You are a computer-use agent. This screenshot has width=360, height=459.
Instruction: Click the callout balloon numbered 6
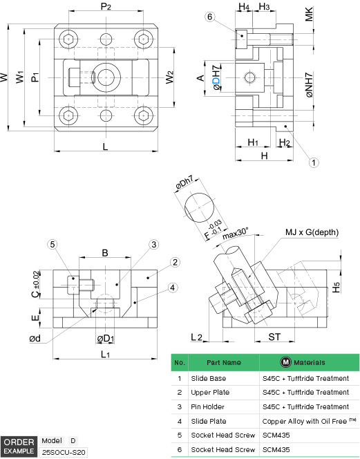point(209,17)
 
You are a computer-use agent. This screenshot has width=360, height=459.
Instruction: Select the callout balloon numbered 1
point(314,162)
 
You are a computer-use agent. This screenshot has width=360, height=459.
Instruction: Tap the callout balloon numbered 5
point(53,245)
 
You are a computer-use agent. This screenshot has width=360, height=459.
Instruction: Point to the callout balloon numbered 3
point(154,245)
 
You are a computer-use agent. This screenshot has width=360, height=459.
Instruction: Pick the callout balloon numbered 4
point(173,288)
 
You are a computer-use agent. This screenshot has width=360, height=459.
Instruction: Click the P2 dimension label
point(106,6)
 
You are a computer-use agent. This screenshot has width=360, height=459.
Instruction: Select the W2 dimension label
point(169,77)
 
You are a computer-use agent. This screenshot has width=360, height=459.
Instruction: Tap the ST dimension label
point(274,337)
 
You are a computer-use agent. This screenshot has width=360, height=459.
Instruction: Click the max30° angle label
point(236,234)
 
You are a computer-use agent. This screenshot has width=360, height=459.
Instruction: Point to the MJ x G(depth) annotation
point(312,232)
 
